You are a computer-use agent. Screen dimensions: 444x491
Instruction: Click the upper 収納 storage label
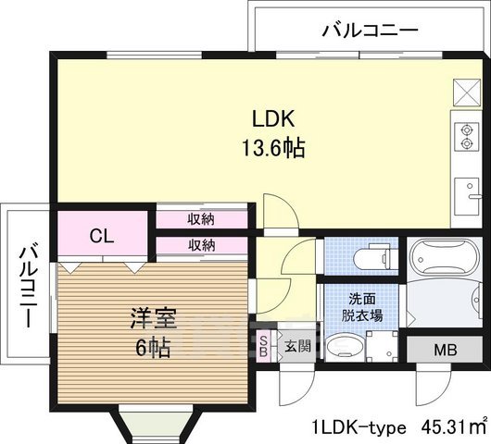[201, 219]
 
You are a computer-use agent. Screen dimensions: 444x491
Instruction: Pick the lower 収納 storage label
[201, 245]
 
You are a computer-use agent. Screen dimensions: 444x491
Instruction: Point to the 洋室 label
[153, 314]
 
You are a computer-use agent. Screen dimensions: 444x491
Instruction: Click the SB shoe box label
[263, 347]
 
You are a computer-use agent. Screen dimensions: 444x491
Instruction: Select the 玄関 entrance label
[296, 347]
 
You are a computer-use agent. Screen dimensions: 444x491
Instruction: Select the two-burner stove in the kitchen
[462, 136]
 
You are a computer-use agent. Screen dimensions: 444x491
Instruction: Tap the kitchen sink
[465, 195]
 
